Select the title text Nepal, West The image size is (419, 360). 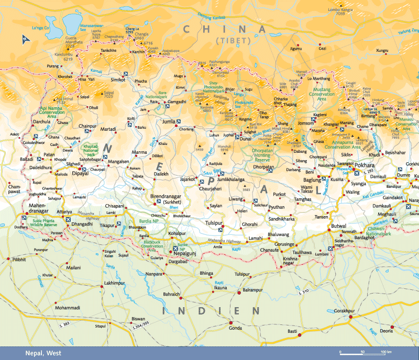point(43,354)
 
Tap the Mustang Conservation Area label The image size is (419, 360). point(328,95)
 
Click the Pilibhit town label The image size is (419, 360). point(19,259)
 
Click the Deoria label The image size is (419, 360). point(387,331)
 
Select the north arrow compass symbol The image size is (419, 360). point(24,38)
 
